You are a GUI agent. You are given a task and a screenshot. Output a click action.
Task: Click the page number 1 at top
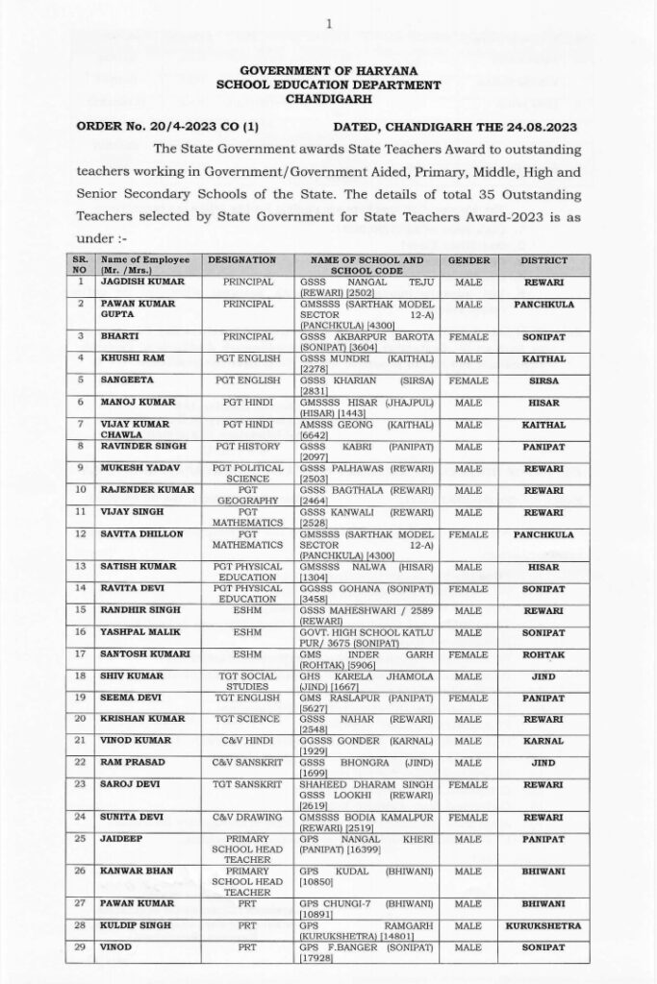[x=329, y=23]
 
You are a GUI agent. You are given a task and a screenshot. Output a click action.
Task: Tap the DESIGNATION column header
[x=241, y=260]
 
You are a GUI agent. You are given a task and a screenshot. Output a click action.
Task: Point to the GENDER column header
[x=468, y=260]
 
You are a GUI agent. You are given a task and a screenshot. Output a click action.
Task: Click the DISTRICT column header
[x=543, y=260]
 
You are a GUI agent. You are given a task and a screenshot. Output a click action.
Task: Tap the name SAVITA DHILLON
[x=140, y=531]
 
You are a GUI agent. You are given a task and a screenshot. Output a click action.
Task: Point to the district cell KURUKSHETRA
[x=543, y=928]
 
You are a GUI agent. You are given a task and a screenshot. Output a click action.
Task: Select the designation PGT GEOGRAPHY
[x=241, y=495]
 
